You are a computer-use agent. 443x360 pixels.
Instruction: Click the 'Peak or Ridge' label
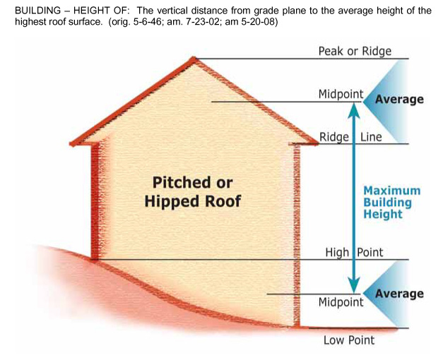(x=354, y=51)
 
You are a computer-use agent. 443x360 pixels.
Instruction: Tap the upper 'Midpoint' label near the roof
(x=341, y=94)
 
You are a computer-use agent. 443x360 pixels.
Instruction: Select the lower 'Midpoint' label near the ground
(x=341, y=302)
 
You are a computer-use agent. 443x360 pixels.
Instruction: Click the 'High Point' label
(x=354, y=252)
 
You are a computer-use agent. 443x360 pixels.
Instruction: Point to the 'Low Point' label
(x=349, y=340)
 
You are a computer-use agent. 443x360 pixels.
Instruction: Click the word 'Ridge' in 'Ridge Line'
(x=335, y=136)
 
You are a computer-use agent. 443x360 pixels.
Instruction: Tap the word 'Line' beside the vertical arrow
(x=371, y=136)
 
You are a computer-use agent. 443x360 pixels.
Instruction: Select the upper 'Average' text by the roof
(x=399, y=100)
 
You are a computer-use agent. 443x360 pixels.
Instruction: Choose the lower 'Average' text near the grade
(x=399, y=294)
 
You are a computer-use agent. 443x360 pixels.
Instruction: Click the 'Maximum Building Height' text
(x=391, y=203)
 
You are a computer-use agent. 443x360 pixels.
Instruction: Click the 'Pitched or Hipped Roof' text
(x=192, y=192)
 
